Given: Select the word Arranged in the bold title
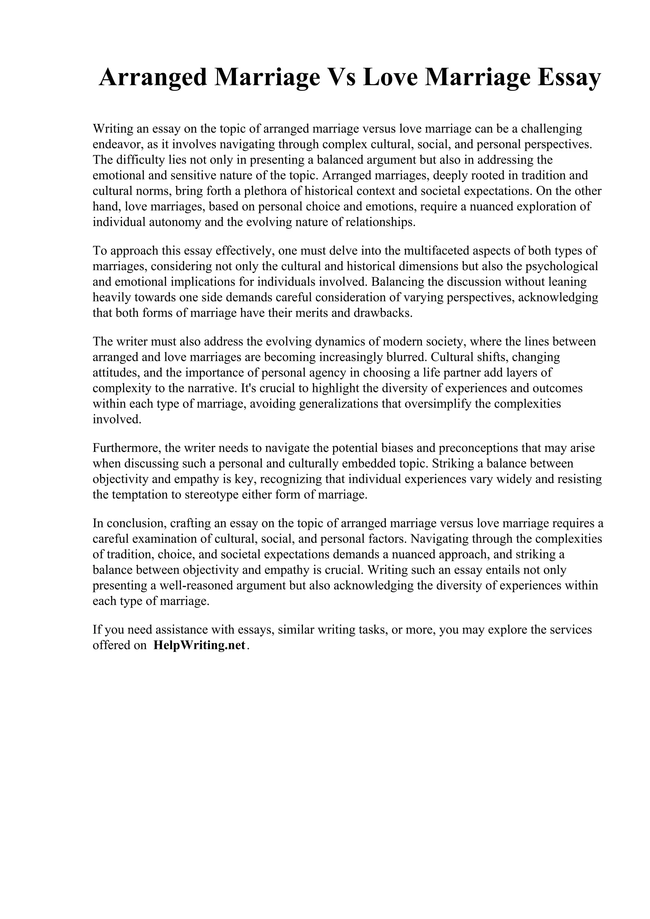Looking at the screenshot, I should (153, 77).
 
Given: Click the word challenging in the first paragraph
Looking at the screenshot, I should (551, 129).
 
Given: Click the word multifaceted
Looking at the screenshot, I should (436, 251).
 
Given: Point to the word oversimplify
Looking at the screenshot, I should (438, 403).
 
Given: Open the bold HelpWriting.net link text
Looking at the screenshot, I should (199, 646).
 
